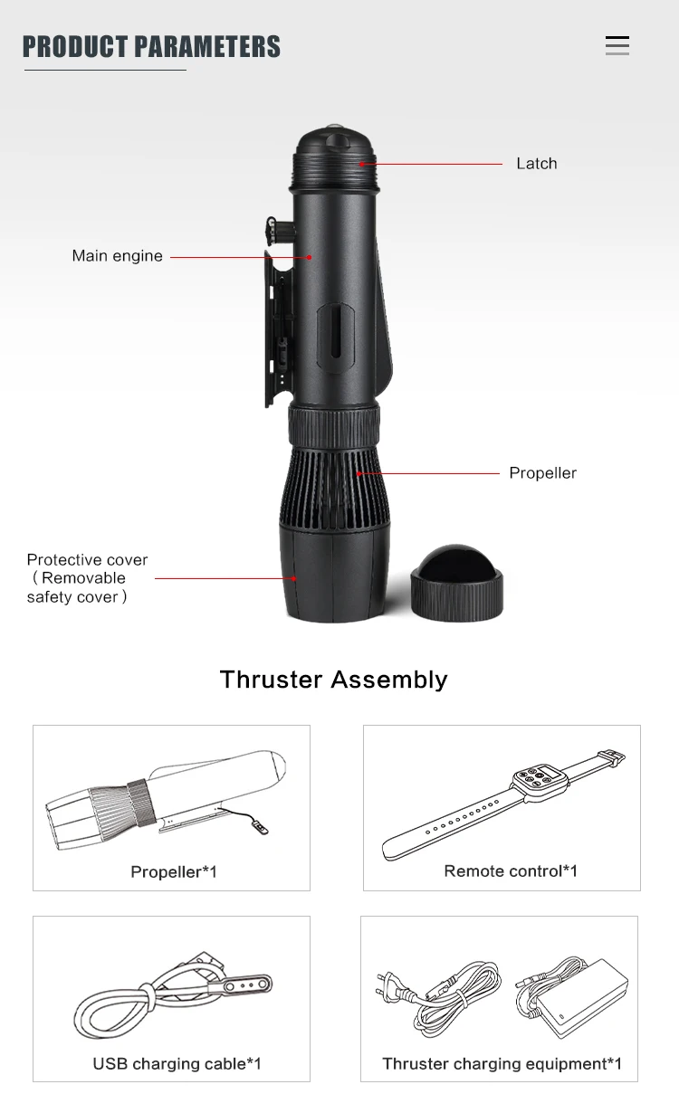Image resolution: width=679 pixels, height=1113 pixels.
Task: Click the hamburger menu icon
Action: pyautogui.click(x=617, y=46)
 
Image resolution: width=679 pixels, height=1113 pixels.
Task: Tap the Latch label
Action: pyautogui.click(x=536, y=164)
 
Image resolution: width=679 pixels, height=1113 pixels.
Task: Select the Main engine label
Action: pyautogui.click(x=118, y=256)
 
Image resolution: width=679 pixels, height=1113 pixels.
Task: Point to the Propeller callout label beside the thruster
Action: pyautogui.click(x=542, y=473)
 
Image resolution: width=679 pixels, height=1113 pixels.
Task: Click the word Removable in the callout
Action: pyautogui.click(x=83, y=578)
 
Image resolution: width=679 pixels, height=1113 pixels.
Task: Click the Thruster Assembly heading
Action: pyautogui.click(x=333, y=680)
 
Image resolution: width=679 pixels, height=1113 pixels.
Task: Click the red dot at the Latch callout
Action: pyautogui.click(x=361, y=164)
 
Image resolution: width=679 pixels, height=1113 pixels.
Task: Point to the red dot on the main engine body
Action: pyautogui.click(x=309, y=257)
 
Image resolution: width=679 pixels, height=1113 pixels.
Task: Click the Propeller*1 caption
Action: pyautogui.click(x=174, y=872)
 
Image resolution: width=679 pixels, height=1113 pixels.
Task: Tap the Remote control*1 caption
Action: pyautogui.click(x=511, y=871)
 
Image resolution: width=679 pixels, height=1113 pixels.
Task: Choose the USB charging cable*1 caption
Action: pyautogui.click(x=177, y=1064)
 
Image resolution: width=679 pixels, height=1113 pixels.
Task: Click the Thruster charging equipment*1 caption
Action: pyautogui.click(x=502, y=1064)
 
